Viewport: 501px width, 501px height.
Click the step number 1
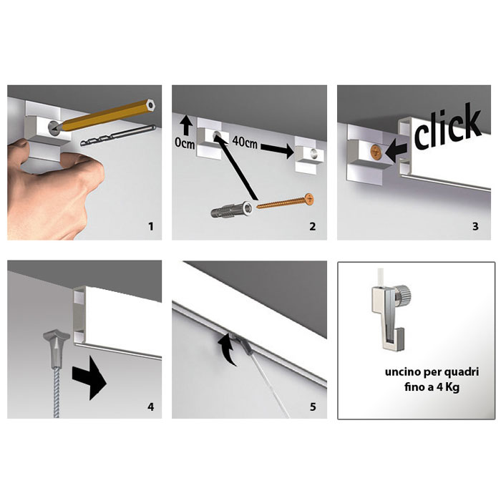(x=151, y=227)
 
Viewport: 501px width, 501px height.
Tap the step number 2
(x=313, y=227)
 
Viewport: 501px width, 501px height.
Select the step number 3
(x=475, y=227)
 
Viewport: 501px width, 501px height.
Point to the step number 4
(x=150, y=407)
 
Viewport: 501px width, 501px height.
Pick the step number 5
(x=313, y=407)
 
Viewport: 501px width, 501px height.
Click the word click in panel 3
(x=447, y=126)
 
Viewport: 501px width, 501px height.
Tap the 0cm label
(x=185, y=143)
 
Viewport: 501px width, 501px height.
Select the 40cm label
(x=245, y=142)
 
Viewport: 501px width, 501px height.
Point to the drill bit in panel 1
(x=117, y=135)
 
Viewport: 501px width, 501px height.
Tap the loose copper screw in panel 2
(x=286, y=201)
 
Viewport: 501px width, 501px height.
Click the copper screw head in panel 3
(x=376, y=152)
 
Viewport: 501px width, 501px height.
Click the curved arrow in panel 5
(x=228, y=349)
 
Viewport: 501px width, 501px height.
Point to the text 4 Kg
(x=448, y=388)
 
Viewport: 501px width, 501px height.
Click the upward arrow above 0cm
(x=185, y=125)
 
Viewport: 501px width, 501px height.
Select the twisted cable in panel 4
(x=57, y=392)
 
